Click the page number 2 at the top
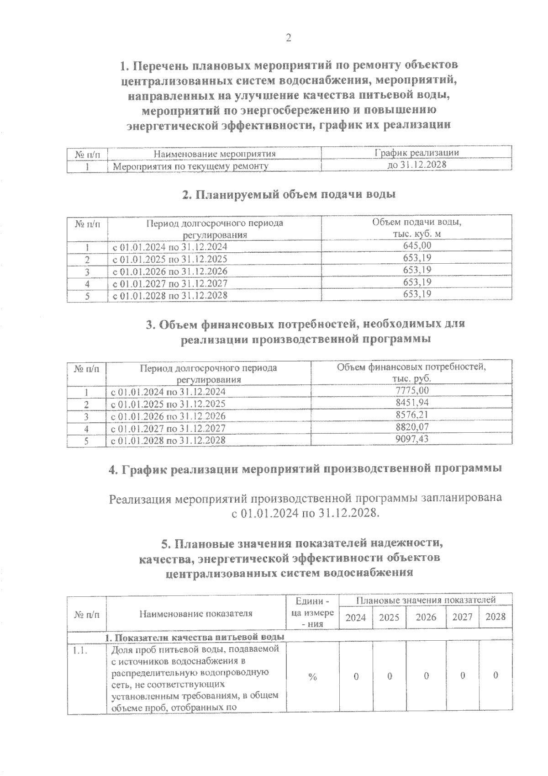pyautogui.click(x=288, y=38)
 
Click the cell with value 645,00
pyautogui.click(x=417, y=246)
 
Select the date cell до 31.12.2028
pyautogui.click(x=416, y=165)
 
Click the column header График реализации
pyautogui.click(x=416, y=153)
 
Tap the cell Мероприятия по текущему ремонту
pyautogui.click(x=190, y=166)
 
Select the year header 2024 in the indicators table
pyautogui.click(x=356, y=618)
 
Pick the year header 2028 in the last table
pyautogui.click(x=495, y=617)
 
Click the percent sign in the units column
pyautogui.click(x=313, y=677)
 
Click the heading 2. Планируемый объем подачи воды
pyautogui.click(x=289, y=195)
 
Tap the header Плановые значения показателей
pyautogui.click(x=426, y=600)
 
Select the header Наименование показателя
pyautogui.click(x=196, y=613)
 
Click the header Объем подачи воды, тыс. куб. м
pyautogui.click(x=416, y=228)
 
